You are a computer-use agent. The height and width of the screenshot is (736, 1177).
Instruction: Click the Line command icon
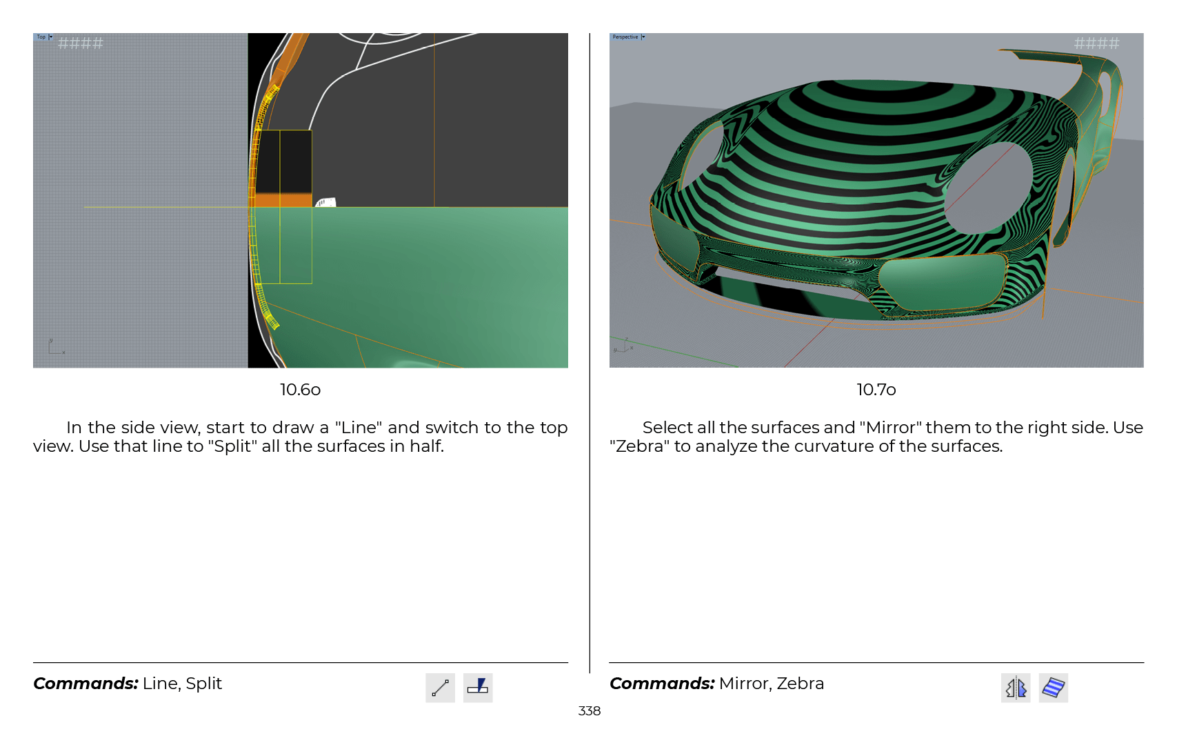[x=440, y=687]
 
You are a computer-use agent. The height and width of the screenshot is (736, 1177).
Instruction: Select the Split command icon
[x=478, y=687]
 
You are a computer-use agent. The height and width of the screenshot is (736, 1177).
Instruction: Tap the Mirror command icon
[x=1015, y=687]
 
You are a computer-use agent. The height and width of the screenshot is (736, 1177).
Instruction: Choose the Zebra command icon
[x=1053, y=687]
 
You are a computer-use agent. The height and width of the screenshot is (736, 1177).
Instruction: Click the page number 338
[x=589, y=710]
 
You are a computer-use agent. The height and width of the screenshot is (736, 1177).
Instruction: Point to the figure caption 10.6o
[x=300, y=390]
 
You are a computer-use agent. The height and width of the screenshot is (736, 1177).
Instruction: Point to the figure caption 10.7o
[x=876, y=390]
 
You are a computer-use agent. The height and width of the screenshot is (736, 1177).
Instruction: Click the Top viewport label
[x=41, y=37]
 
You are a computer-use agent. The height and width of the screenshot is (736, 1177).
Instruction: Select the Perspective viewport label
[x=625, y=37]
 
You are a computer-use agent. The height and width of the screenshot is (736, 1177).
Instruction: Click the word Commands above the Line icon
[x=85, y=684]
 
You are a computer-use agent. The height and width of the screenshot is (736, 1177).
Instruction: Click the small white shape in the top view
[x=325, y=202]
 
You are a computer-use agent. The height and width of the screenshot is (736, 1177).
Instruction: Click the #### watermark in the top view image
[x=81, y=43]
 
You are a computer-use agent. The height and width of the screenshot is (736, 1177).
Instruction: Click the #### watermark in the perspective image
[x=1096, y=43]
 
